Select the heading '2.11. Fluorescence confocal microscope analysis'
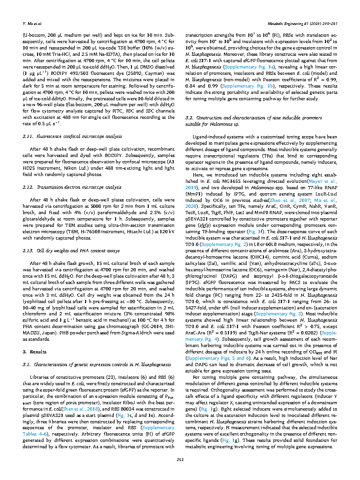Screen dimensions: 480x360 coord(72,136)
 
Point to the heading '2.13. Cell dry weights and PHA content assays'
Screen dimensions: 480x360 coord(72,250)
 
